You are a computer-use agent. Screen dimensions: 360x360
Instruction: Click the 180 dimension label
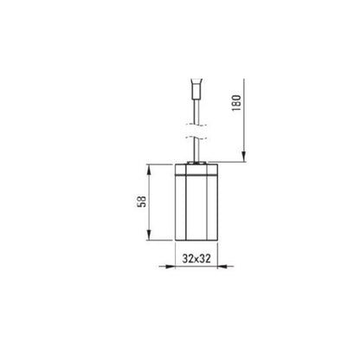click(236, 103)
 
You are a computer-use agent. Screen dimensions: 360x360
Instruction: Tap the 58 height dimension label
click(142, 202)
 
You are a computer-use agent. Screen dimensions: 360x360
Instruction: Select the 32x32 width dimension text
click(196, 259)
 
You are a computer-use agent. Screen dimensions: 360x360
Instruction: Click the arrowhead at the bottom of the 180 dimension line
click(244, 157)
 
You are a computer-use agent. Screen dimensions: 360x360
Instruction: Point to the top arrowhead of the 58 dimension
click(149, 170)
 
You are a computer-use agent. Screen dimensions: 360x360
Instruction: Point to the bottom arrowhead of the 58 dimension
click(149, 235)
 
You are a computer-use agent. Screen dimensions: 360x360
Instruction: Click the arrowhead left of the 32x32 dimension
click(170, 267)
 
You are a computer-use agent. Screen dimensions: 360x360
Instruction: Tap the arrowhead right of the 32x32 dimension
click(222, 267)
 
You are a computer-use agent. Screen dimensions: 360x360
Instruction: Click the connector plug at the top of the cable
click(196, 89)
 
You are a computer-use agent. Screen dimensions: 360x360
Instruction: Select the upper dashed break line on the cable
click(196, 125)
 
